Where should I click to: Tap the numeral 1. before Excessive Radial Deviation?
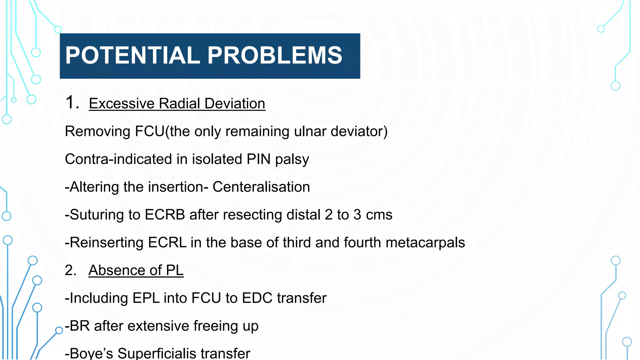pos(72,102)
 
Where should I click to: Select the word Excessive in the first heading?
pos(122,103)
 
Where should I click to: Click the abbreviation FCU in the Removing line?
pos(149,131)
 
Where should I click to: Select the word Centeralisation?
pos(261,187)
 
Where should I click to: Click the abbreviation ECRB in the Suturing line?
pos(165,215)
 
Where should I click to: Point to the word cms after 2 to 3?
pos(379,215)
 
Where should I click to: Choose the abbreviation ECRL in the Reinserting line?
pos(167,242)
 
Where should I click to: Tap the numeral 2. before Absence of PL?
pos(70,270)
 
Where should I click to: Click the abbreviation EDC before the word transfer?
pos(257,298)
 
